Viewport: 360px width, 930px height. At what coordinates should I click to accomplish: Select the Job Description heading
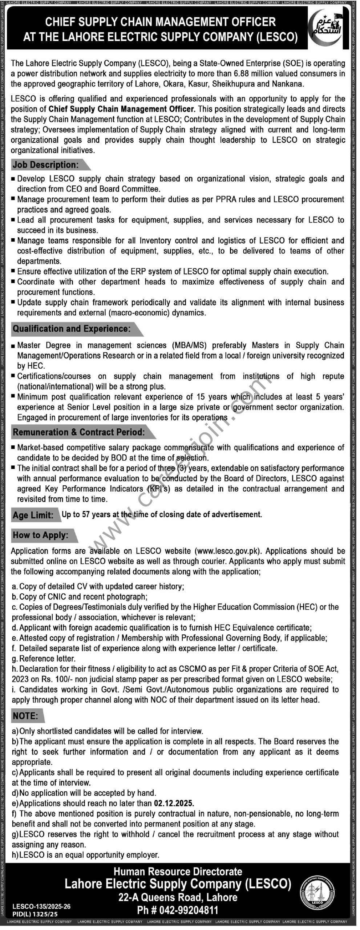46,165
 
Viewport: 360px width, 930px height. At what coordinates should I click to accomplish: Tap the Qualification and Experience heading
72,329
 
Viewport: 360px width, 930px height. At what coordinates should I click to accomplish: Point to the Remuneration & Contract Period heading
79,432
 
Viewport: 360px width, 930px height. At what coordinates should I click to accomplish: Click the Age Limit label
33,515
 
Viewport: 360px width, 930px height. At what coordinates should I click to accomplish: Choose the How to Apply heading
41,535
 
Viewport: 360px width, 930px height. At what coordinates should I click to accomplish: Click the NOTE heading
25,716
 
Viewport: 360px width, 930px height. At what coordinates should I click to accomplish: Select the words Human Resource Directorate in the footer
178,872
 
